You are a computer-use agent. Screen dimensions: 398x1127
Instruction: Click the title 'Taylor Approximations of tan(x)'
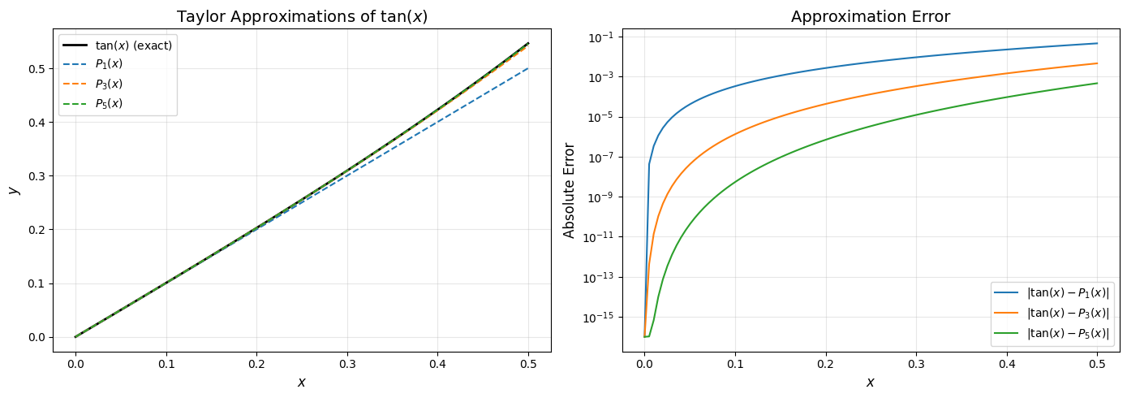coord(302,17)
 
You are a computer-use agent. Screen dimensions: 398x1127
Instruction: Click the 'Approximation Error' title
coord(871,17)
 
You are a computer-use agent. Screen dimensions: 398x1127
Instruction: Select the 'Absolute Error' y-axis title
coord(570,190)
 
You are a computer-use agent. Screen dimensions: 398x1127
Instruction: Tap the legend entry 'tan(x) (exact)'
coord(133,45)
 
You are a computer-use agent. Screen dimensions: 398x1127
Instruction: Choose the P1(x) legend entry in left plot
coord(109,64)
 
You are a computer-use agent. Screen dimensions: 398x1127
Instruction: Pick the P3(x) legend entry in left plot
coord(109,84)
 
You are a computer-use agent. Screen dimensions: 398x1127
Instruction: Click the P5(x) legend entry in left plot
coord(109,103)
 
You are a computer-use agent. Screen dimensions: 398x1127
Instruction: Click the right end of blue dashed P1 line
coord(528,68)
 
